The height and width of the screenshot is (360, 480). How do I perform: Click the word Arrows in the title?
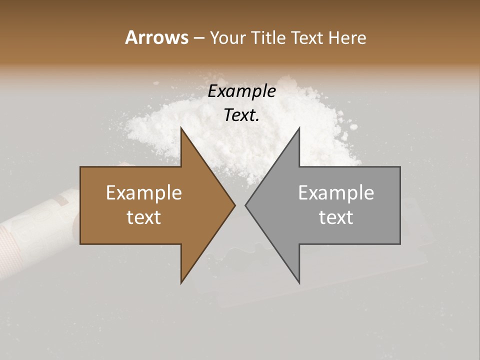click(156, 37)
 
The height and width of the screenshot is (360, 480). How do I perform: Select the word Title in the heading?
click(269, 37)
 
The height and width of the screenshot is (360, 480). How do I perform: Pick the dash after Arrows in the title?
click(198, 38)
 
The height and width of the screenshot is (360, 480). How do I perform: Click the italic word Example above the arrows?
click(241, 91)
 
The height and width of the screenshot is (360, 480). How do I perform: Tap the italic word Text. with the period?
click(241, 115)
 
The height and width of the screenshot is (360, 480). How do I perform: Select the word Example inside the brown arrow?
click(144, 192)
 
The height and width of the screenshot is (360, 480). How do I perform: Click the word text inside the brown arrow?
click(144, 217)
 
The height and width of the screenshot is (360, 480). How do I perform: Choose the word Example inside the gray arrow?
click(336, 192)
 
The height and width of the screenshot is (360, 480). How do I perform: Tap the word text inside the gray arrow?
click(336, 217)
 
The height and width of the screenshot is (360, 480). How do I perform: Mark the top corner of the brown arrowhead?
click(181, 128)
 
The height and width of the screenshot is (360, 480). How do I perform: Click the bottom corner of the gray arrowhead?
click(299, 282)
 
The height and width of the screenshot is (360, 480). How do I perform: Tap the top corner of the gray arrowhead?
click(299, 128)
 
